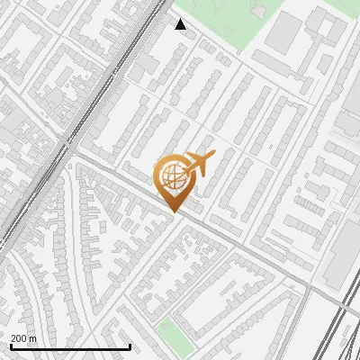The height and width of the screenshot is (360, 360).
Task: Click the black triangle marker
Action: point(181,24)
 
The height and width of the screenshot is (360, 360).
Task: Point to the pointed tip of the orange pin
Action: point(175,211)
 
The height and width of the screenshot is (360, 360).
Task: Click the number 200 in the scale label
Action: point(19,338)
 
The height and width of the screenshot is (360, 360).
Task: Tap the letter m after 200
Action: point(33,338)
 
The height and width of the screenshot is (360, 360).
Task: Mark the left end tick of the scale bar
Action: point(10,346)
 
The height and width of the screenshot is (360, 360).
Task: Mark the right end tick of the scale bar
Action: point(130,346)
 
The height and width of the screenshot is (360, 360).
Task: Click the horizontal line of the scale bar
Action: point(70,347)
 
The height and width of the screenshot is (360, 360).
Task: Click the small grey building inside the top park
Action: point(259,11)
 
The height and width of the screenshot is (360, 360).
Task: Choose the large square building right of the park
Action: point(285,31)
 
